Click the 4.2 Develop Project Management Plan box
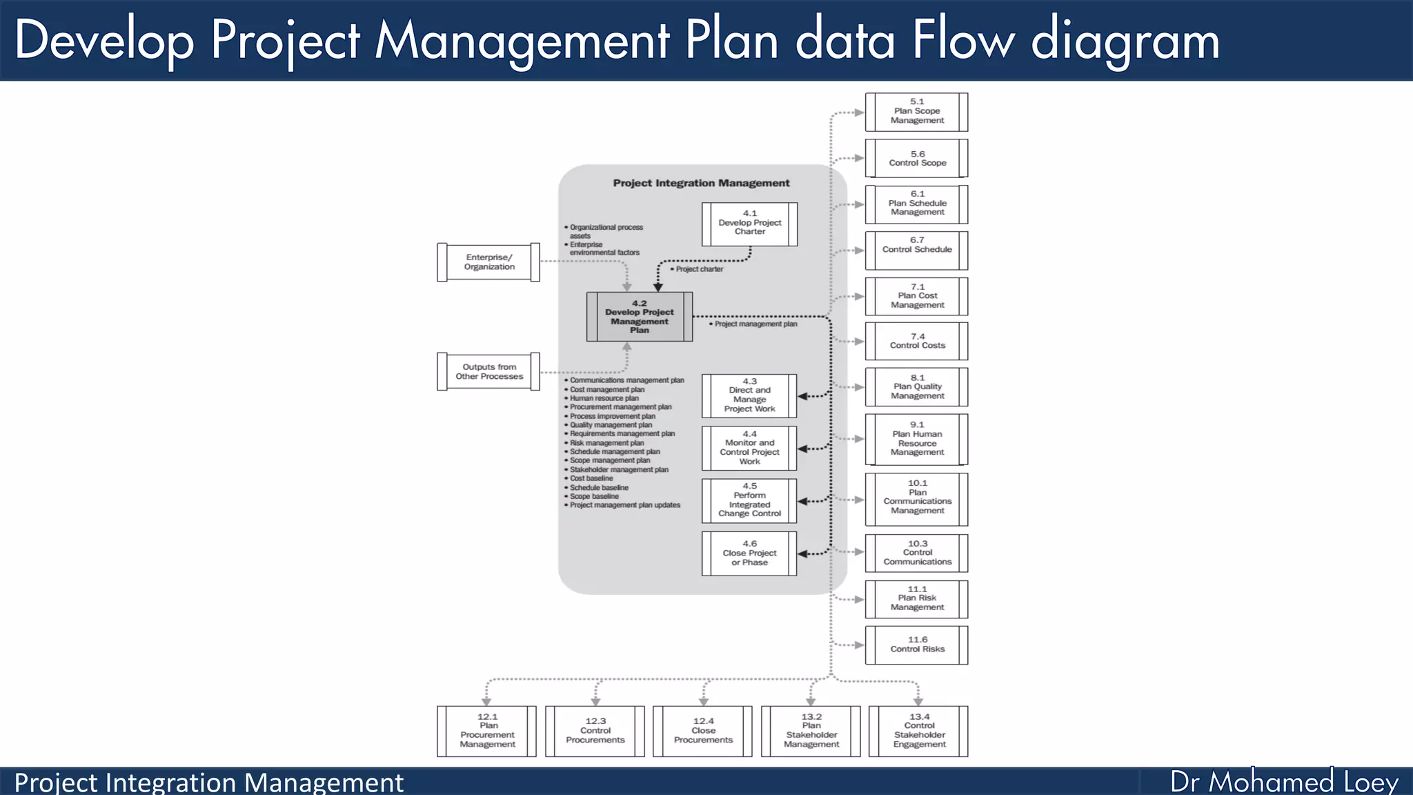point(640,317)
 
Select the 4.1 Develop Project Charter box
point(749,224)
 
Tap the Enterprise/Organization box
point(488,262)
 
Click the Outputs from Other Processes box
point(488,372)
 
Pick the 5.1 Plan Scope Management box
point(916,111)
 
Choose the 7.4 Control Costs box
point(916,341)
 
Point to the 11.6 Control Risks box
point(916,645)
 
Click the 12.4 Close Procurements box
point(702,731)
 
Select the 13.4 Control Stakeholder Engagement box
point(918,731)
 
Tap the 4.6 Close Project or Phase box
point(749,553)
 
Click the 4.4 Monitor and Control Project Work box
point(749,448)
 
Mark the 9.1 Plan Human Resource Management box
point(916,439)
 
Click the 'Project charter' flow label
point(700,269)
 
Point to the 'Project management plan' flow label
point(755,324)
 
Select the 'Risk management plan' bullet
point(606,443)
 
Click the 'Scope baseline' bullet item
point(594,496)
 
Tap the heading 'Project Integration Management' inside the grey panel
point(701,183)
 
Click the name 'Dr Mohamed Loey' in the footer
point(1284,782)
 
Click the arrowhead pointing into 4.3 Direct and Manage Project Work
point(802,396)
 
